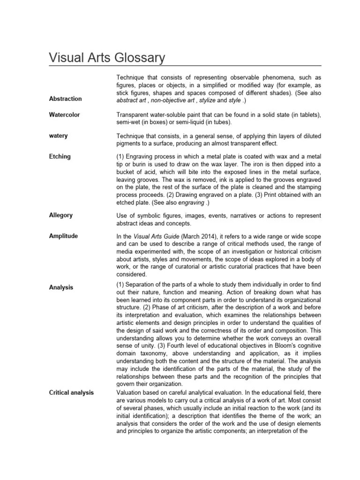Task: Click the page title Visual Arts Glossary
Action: tap(107, 58)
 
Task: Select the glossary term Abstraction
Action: tap(65, 99)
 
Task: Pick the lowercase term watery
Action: tap(59, 135)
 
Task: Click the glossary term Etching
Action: tap(60, 157)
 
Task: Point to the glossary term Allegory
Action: tap(61, 215)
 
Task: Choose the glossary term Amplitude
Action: tap(63, 236)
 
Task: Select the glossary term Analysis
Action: tap(61, 287)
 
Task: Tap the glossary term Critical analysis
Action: tap(71, 392)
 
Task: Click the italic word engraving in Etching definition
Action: tap(191, 202)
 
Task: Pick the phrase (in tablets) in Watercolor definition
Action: tap(304, 115)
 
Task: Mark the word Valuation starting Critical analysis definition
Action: tap(129, 392)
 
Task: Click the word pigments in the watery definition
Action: tap(129, 143)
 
